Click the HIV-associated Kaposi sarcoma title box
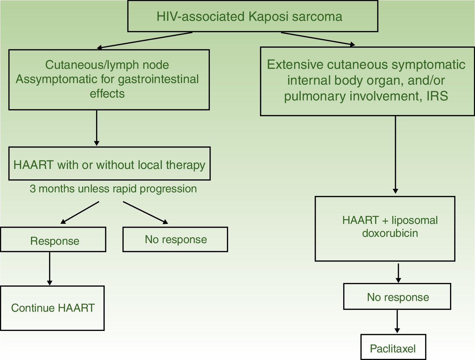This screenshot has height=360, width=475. (253, 16)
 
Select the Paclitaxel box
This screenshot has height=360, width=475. (393, 348)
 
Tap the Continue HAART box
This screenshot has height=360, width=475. (52, 308)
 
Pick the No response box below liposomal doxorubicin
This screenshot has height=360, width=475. (397, 297)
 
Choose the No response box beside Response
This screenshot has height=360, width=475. (175, 239)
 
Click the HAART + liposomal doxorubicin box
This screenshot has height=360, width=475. (385, 229)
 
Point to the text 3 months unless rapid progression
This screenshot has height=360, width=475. (113, 189)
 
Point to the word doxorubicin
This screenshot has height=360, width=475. (390, 233)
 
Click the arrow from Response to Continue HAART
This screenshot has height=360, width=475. (50, 268)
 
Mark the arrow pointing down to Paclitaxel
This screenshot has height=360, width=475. (397, 321)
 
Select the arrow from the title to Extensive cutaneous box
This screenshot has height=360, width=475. (318, 39)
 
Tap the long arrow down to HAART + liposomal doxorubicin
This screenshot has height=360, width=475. (395, 155)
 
